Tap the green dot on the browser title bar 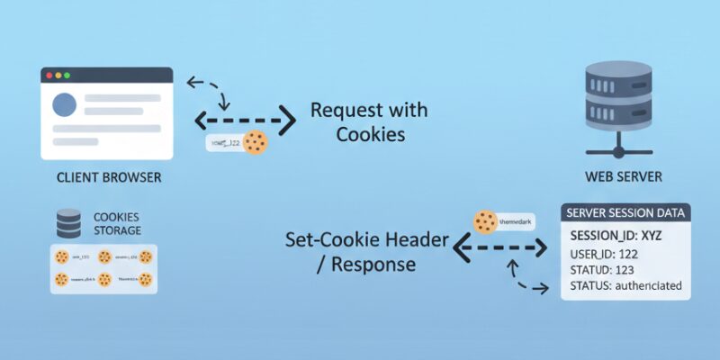[67, 76]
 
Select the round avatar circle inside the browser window [65, 105]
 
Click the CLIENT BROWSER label [109, 177]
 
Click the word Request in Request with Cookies [346, 111]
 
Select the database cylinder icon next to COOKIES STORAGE [69, 221]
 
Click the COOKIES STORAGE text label [117, 223]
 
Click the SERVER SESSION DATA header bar [626, 213]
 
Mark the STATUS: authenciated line [625, 286]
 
